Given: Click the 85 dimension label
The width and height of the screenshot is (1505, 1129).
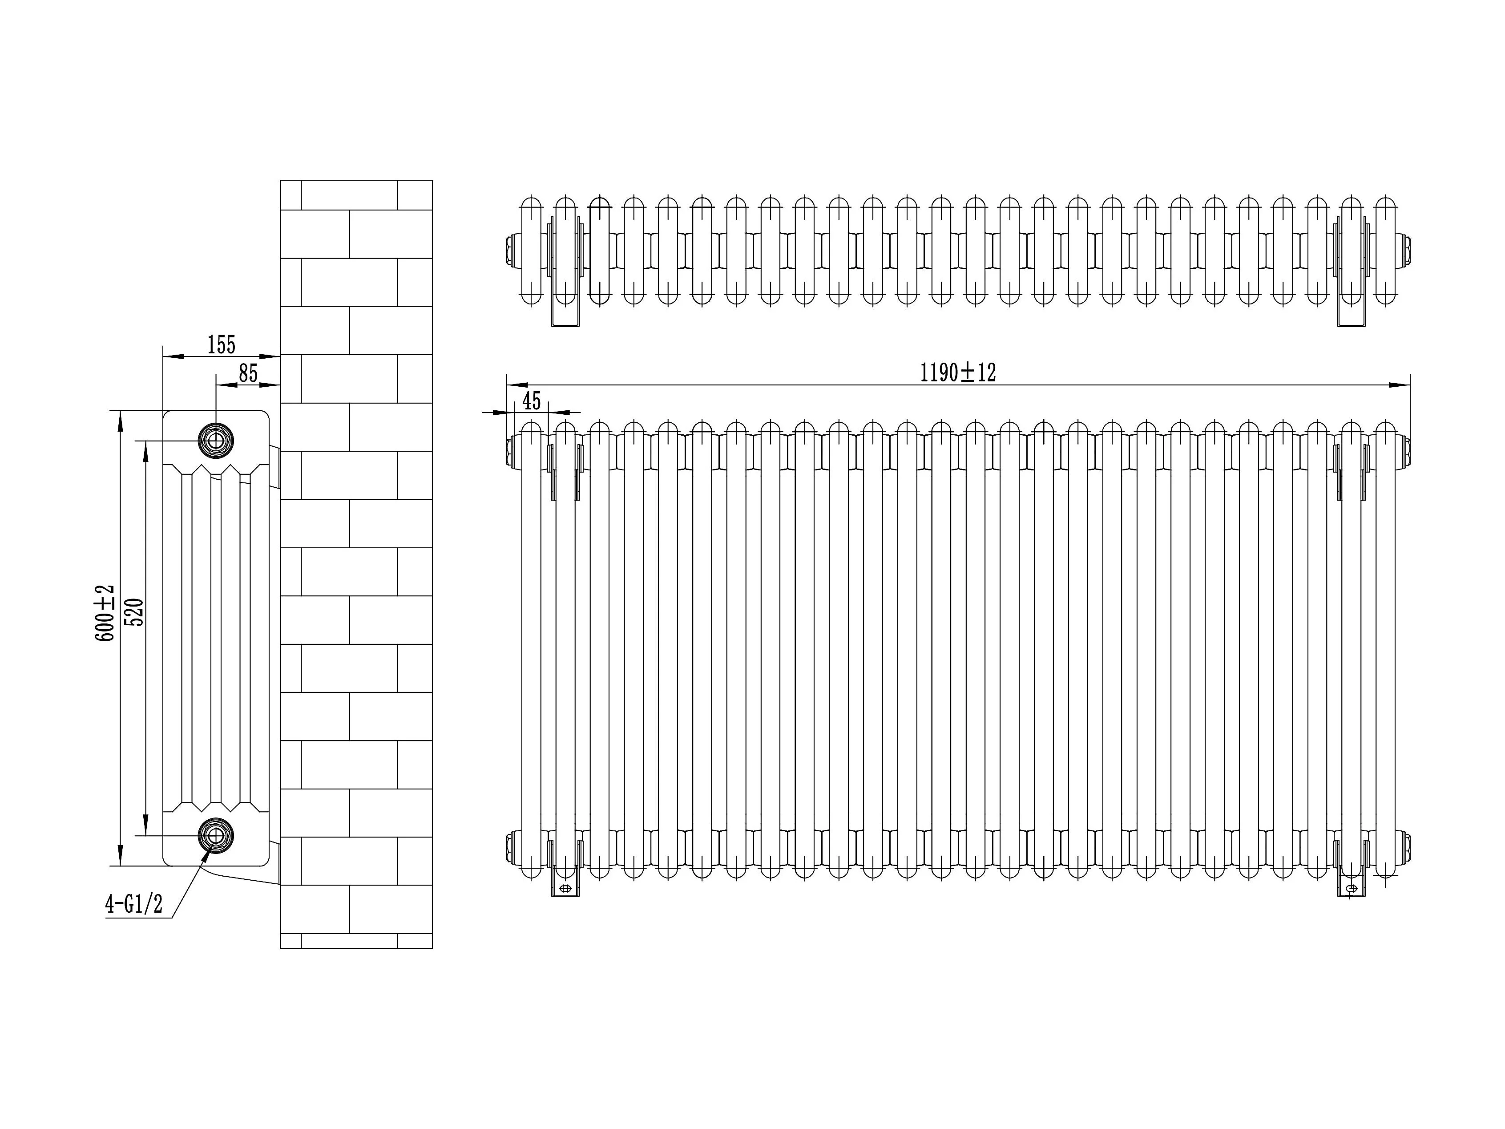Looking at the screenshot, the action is [x=248, y=374].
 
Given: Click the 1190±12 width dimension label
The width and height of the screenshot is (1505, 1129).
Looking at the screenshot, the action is [x=958, y=373].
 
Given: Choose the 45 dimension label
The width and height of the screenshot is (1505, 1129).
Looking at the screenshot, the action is [x=531, y=401].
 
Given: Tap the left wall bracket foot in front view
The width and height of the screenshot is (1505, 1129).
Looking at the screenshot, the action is [x=565, y=888].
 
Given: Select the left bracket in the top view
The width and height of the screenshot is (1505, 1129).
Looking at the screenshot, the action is [x=565, y=272].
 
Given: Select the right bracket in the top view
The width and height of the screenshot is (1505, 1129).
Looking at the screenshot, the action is [x=1351, y=272].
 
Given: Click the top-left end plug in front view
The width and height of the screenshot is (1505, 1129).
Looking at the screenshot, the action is [x=511, y=450].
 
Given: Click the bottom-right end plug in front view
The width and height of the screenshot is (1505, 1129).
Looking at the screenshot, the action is [x=1406, y=846].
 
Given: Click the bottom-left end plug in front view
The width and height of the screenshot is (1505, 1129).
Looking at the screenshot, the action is [x=511, y=846].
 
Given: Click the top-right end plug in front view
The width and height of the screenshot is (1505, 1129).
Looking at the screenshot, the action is [x=1406, y=450].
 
